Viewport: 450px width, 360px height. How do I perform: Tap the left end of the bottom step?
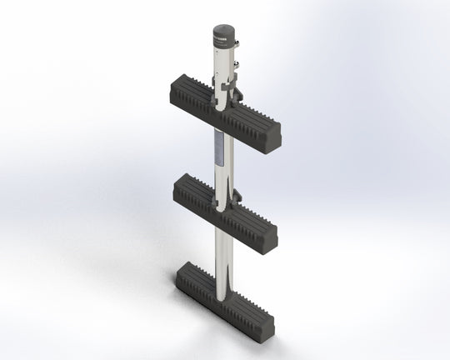click(x=182, y=278)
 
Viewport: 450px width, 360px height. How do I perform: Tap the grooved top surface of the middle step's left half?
click(x=197, y=190)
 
